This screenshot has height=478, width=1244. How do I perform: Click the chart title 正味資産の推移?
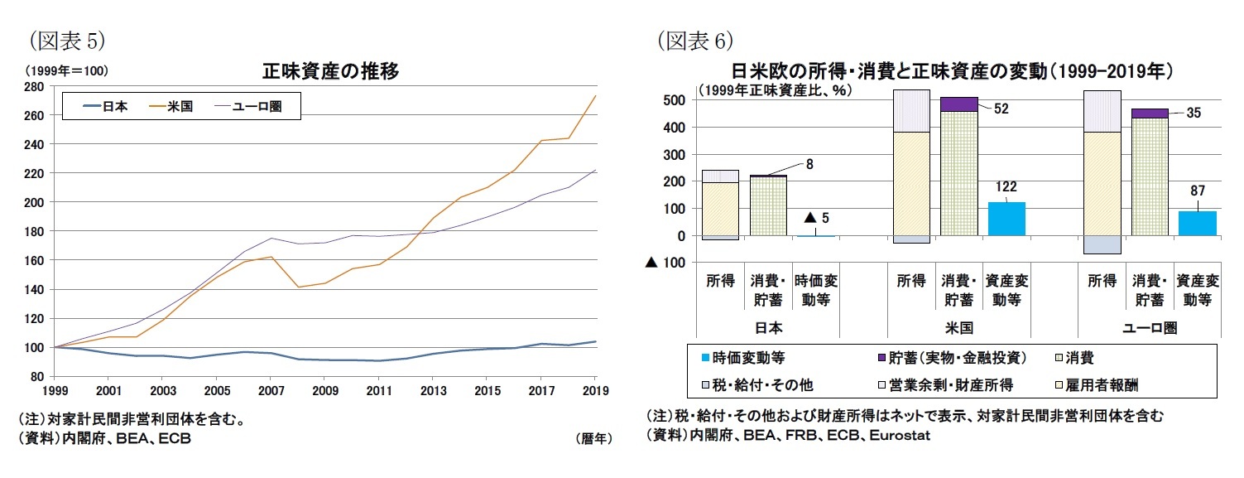pyautogui.click(x=330, y=71)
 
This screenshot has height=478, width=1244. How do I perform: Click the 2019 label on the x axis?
pyautogui.click(x=595, y=389)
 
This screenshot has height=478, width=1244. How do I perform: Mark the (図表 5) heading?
pyautogui.click(x=66, y=40)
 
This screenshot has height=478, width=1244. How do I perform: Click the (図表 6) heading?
pyautogui.click(x=696, y=40)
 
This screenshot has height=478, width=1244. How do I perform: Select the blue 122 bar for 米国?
pyautogui.click(x=1006, y=219)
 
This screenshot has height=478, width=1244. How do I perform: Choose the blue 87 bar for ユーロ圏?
pyautogui.click(x=1197, y=224)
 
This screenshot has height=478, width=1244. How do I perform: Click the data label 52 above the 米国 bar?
pyautogui.click(x=1001, y=109)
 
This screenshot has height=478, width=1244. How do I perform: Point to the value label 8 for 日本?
pyautogui.click(x=809, y=164)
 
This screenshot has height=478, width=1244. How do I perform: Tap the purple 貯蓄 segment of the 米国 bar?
pyautogui.click(x=959, y=104)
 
